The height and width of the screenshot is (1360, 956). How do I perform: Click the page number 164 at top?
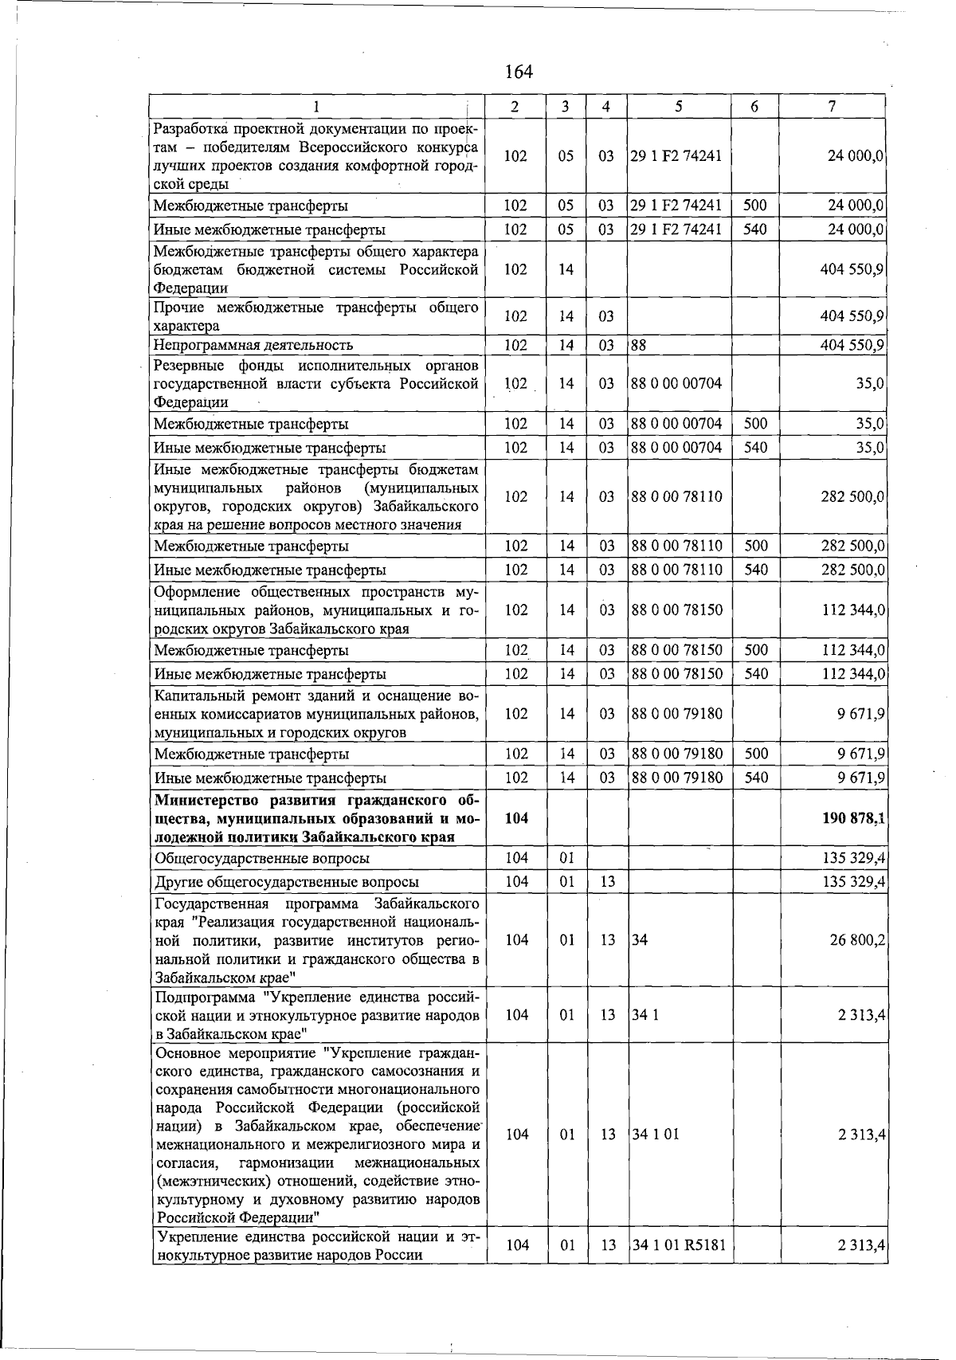point(519,72)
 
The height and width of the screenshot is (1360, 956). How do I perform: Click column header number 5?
point(678,107)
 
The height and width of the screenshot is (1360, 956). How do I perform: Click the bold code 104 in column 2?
point(516,818)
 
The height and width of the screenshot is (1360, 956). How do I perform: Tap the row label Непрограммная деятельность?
point(253,345)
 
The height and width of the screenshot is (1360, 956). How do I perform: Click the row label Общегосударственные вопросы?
point(262,859)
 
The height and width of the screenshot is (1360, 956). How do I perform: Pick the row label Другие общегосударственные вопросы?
point(287,882)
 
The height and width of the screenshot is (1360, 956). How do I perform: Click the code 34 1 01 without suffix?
point(655,1135)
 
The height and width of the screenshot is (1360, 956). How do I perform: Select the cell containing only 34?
point(639,940)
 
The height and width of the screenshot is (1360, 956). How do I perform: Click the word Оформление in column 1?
point(198,592)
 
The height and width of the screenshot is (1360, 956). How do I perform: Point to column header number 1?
point(316,107)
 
